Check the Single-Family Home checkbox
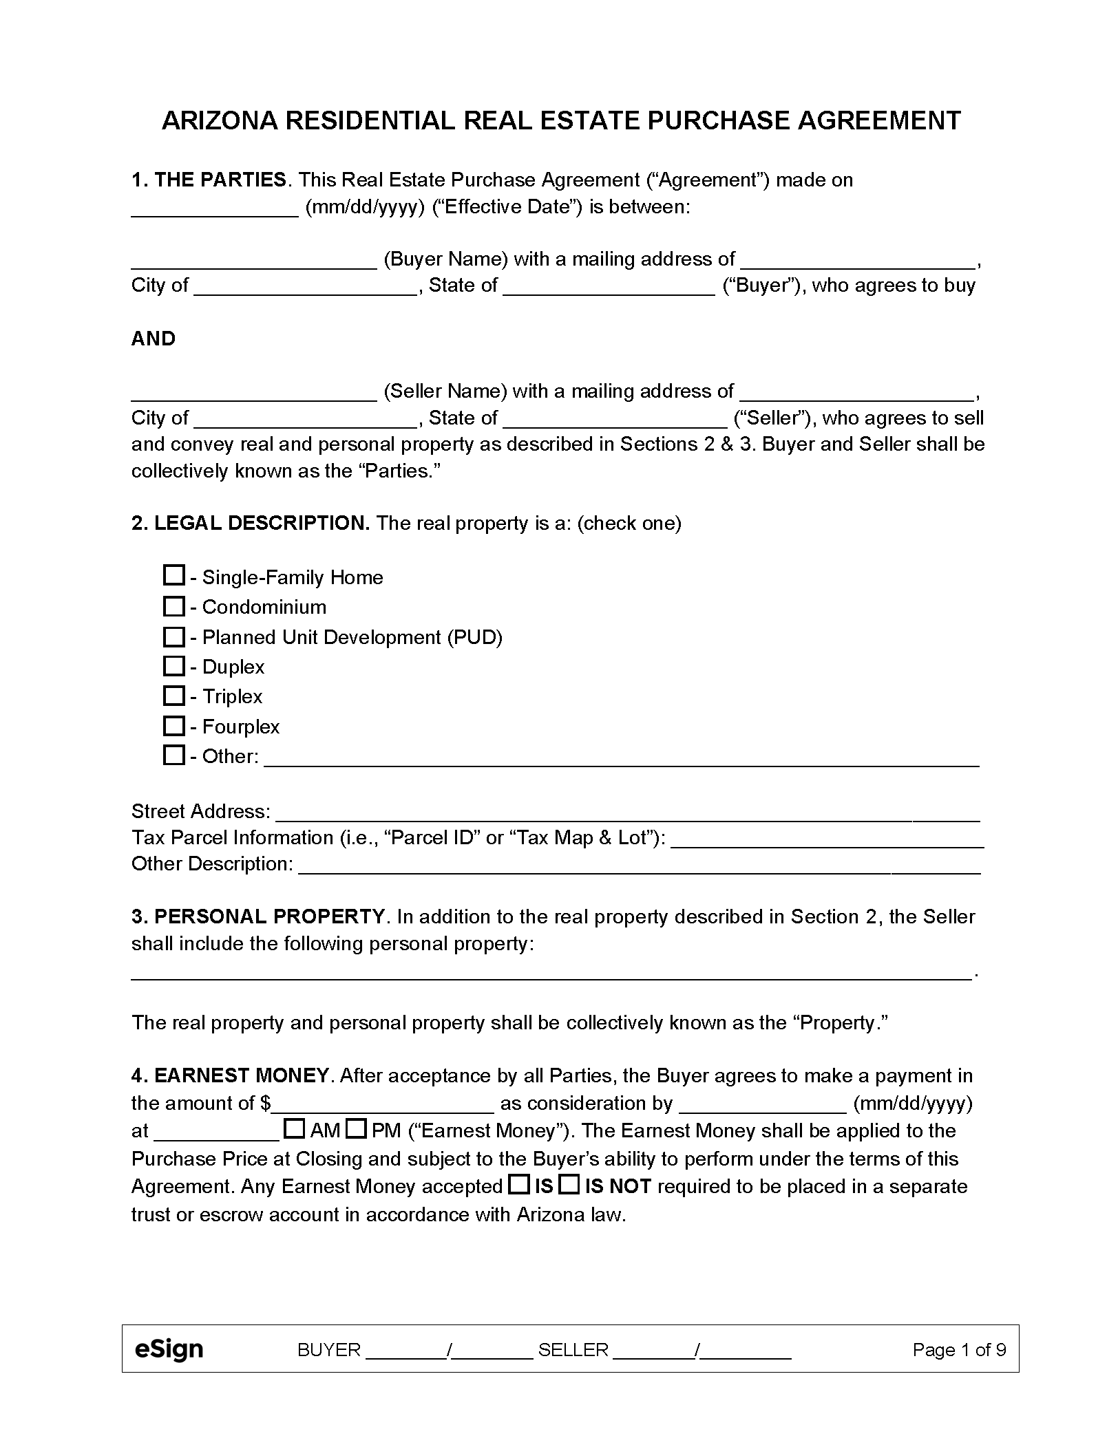pyautogui.click(x=173, y=575)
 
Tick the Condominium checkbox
pyautogui.click(x=173, y=605)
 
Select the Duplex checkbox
pyautogui.click(x=173, y=665)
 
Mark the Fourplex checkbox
pyautogui.click(x=173, y=725)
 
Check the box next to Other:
pyautogui.click(x=173, y=755)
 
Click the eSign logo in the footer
pyautogui.click(x=169, y=1349)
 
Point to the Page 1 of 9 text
pyautogui.click(x=959, y=1350)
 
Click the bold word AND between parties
pyautogui.click(x=154, y=339)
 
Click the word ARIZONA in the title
pyautogui.click(x=219, y=121)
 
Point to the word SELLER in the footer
pyautogui.click(x=573, y=1350)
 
